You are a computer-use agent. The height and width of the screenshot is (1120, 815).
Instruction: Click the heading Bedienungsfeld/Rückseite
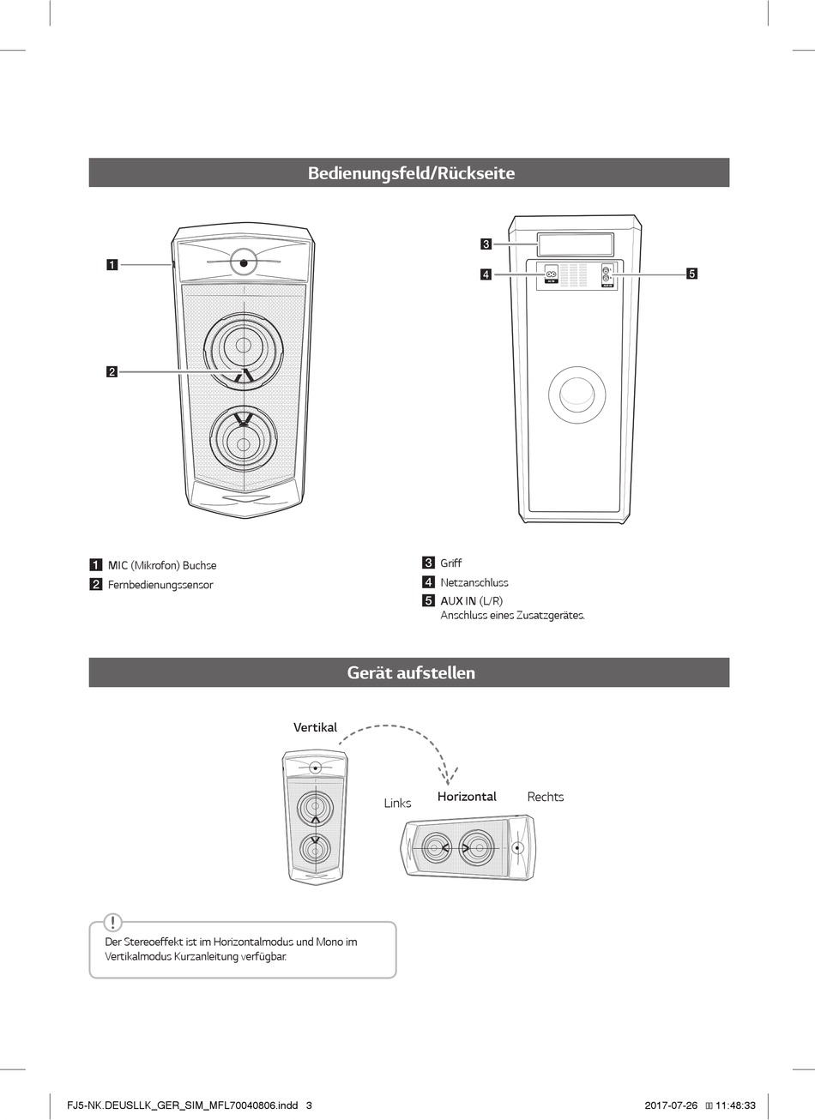coord(411,173)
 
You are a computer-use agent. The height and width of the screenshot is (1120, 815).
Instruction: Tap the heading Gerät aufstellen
coord(410,673)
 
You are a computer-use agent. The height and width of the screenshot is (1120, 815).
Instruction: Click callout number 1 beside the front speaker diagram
coord(112,264)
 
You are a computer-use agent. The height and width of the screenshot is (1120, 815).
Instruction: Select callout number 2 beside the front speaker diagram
coord(112,371)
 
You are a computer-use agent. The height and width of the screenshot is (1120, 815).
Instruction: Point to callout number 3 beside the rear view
coord(486,244)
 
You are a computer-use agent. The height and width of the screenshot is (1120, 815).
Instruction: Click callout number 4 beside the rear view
coord(486,274)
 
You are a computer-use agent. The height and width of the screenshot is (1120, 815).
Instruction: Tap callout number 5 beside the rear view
coord(691,274)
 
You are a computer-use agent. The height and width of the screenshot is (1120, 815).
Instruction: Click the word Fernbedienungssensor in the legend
coord(160,585)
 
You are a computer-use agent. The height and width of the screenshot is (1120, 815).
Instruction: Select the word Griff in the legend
coord(451,563)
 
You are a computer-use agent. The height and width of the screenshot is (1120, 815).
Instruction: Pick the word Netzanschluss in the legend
coord(474,582)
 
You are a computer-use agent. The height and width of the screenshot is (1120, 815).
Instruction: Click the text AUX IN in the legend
coord(458,601)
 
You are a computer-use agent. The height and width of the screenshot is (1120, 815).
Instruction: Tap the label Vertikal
coord(315,727)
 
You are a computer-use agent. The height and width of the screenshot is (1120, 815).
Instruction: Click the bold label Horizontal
coord(467,797)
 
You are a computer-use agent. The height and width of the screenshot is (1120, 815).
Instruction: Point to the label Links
coord(397,804)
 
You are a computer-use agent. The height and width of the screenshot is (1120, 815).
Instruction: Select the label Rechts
coord(546,797)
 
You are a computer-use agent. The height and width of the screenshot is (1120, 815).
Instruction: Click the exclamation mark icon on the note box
coord(112,923)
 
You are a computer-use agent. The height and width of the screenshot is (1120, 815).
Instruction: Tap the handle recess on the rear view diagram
coord(575,244)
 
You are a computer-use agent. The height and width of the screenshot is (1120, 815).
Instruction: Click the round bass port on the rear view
coord(577,394)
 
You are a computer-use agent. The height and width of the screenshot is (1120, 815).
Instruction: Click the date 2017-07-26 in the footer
coord(671,1105)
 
